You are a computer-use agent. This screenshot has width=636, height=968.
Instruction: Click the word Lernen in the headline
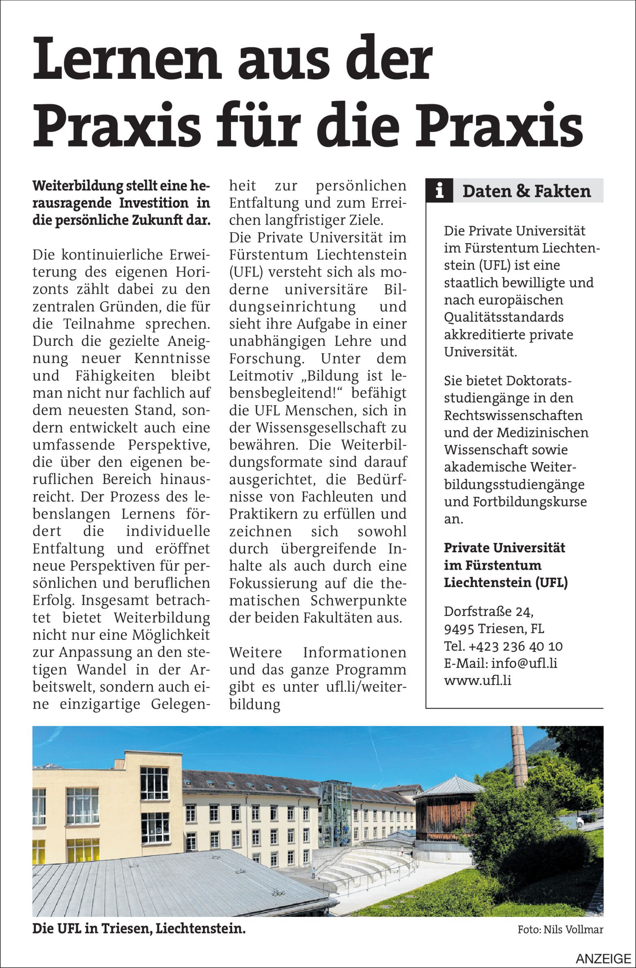[127, 59]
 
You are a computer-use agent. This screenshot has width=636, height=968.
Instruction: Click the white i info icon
[439, 190]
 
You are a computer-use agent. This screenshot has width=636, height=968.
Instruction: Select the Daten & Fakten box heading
[526, 191]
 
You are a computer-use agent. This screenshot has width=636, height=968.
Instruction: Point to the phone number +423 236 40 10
[515, 646]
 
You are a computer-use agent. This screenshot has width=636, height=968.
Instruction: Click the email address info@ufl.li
[524, 663]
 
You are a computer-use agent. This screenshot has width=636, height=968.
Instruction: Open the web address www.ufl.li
[477, 680]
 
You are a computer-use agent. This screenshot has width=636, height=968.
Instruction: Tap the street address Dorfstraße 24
[488, 611]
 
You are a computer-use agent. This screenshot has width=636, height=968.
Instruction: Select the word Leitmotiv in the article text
[262, 376]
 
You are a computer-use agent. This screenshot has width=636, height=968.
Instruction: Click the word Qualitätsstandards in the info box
[503, 317]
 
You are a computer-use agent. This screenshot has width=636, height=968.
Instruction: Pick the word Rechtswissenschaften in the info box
[513, 415]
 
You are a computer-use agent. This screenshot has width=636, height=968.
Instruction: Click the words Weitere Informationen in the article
[317, 653]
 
